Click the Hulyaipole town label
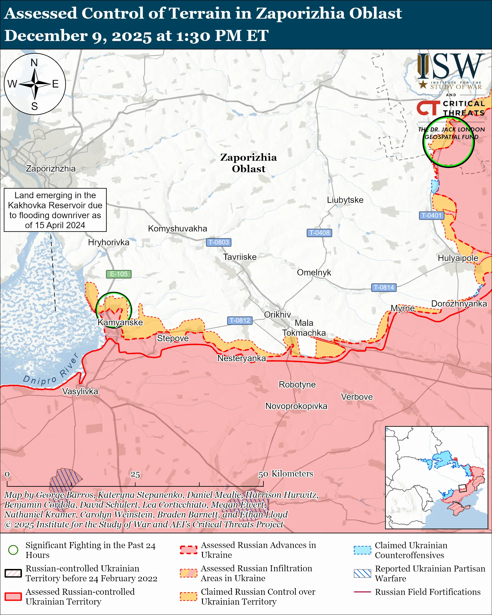coord(458,258)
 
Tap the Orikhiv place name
coord(277,315)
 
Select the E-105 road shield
coord(119,274)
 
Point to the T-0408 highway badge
coord(319,233)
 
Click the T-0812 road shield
coord(240,320)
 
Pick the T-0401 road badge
coord(431,215)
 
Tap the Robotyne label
coord(297,385)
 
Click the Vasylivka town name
coord(80,391)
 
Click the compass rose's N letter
coord(34,63)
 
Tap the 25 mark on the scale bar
coord(135,474)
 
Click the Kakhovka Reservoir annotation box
coord(55,210)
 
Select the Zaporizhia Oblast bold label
coord(248,163)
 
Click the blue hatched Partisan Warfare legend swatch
coord(362,573)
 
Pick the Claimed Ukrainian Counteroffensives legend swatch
coord(362,550)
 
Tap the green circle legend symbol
coord(13,550)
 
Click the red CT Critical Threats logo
coord(428,108)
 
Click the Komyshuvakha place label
coord(177,229)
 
